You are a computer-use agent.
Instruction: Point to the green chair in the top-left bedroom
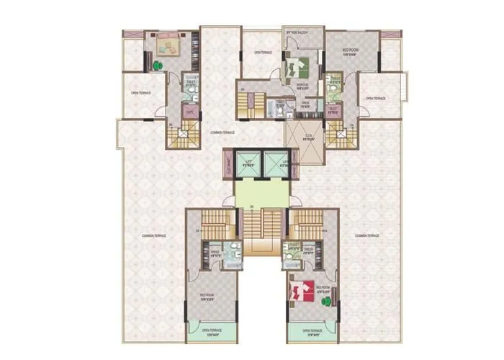pyautogui.click(x=158, y=66)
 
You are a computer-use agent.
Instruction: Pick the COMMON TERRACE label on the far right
pyautogui.click(x=367, y=235)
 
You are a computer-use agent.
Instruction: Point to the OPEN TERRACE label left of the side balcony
pyautogui.click(x=261, y=53)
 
